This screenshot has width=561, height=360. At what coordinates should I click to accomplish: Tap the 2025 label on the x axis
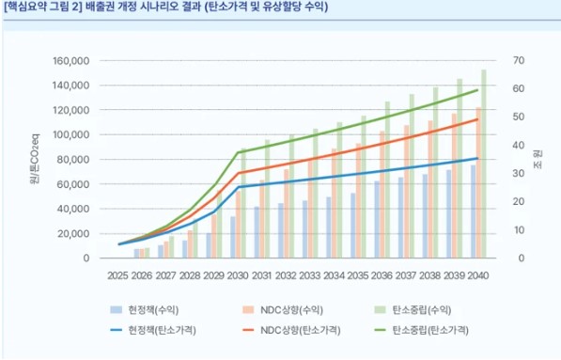117,275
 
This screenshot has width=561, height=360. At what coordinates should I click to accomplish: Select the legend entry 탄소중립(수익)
430,308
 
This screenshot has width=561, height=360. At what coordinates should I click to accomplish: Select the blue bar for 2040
474,211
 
